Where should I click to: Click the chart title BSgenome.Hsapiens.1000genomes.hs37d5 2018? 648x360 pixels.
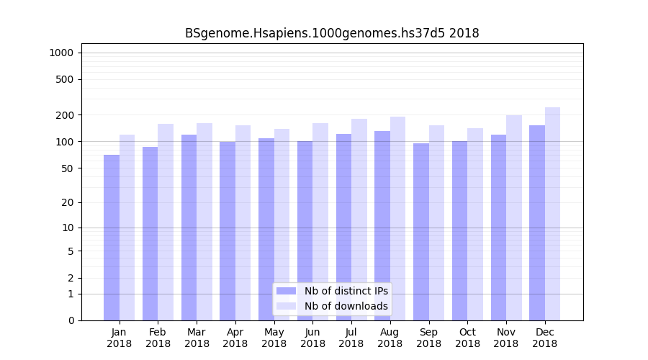332,33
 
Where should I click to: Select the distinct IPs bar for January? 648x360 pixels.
112,238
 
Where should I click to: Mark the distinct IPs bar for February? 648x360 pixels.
150,233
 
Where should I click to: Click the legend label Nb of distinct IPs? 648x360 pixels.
346,291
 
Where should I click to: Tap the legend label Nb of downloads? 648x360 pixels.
346,306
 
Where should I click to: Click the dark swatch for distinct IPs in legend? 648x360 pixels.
287,291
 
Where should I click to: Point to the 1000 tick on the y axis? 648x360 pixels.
60,53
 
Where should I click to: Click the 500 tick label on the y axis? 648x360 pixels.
64,79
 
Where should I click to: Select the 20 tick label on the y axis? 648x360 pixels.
67,202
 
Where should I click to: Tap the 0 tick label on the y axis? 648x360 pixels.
70,320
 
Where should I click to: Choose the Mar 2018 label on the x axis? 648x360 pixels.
197,338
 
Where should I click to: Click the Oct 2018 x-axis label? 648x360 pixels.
467,338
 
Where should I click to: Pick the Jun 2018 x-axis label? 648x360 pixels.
312,338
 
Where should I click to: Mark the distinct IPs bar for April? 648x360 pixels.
228,231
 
